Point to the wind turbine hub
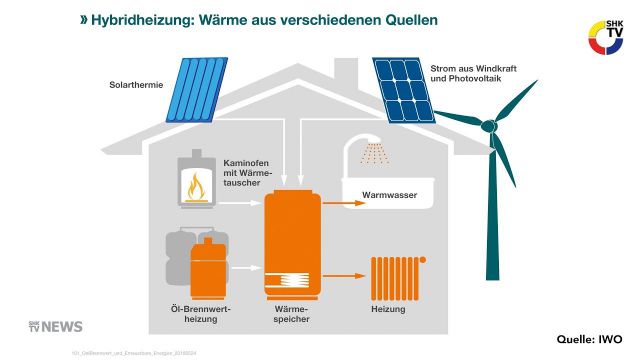pyautogui.click(x=489, y=127)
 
